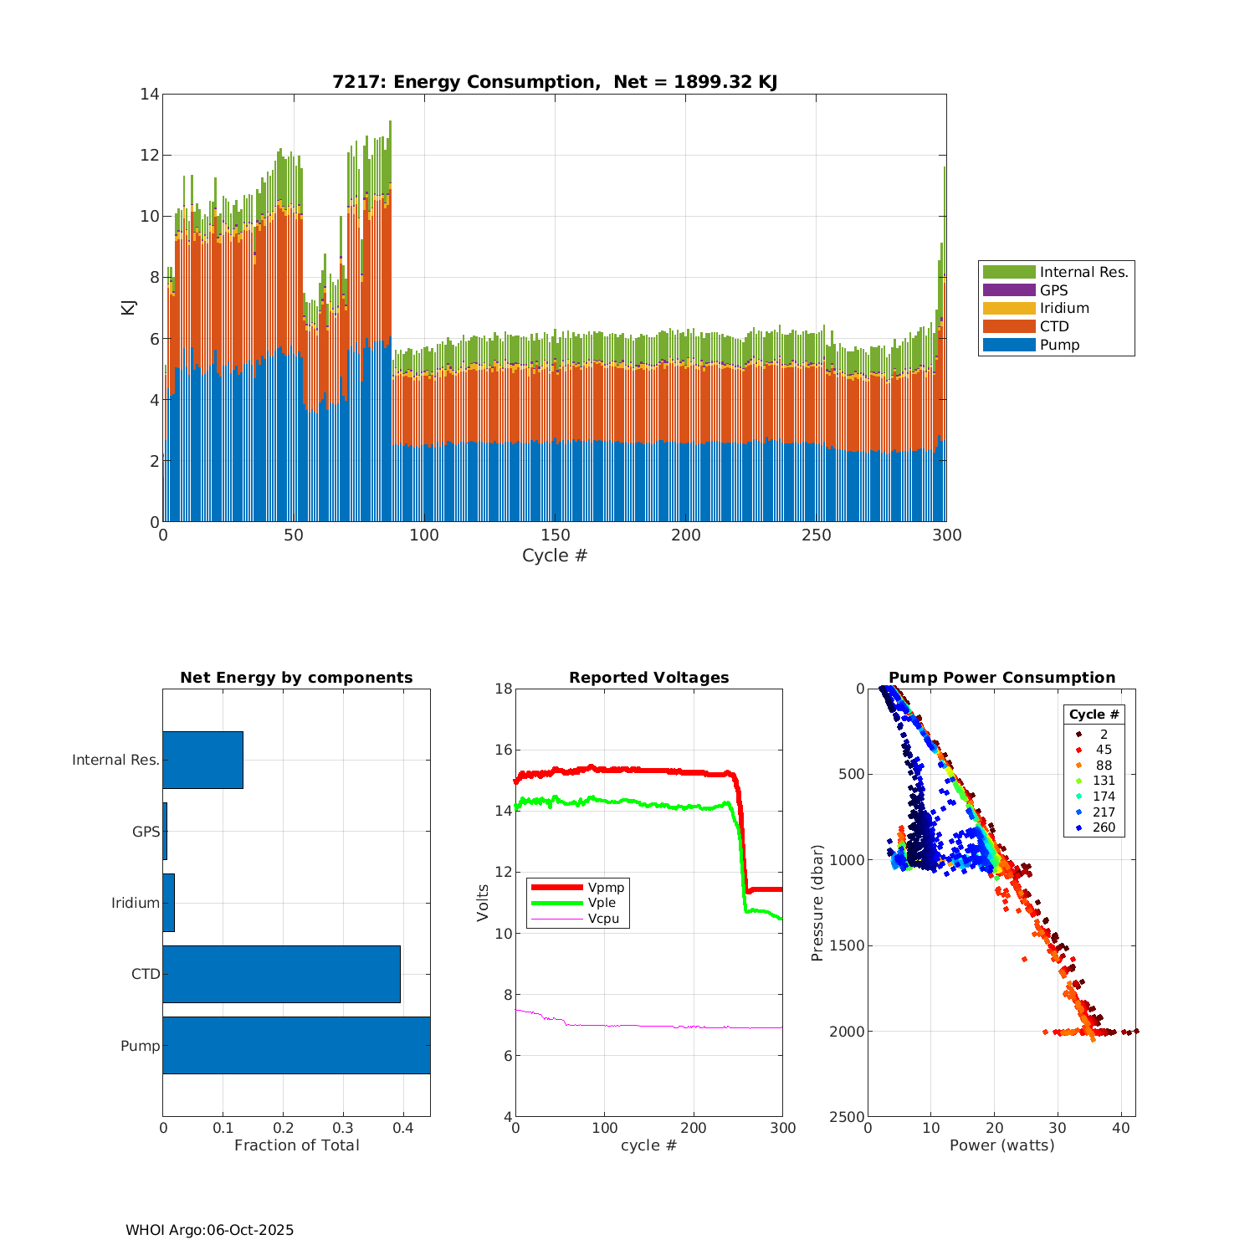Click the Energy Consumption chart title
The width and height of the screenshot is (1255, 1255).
click(555, 82)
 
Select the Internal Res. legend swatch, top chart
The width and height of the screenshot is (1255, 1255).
click(1009, 272)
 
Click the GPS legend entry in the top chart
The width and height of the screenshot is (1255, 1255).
click(1053, 290)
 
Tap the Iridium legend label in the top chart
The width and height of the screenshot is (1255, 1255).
click(1064, 308)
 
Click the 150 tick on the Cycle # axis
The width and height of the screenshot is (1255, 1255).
click(555, 535)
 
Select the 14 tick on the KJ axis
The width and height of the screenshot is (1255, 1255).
click(150, 94)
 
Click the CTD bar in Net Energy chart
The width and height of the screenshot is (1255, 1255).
click(281, 974)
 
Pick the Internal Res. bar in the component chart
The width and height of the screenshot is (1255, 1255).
click(202, 760)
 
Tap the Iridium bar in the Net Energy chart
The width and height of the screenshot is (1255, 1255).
click(169, 903)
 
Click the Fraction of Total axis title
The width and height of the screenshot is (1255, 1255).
click(296, 1145)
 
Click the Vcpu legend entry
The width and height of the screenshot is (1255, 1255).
click(603, 919)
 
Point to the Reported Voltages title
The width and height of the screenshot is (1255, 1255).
click(648, 678)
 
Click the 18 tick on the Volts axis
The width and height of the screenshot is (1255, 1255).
click(504, 689)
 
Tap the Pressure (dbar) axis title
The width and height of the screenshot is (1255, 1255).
click(817, 903)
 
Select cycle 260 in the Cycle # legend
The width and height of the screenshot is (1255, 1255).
click(1104, 827)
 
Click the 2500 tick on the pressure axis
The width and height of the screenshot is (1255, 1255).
click(848, 1117)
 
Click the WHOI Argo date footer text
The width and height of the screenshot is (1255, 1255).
click(209, 1230)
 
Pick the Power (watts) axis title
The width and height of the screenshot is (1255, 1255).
click(1001, 1145)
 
